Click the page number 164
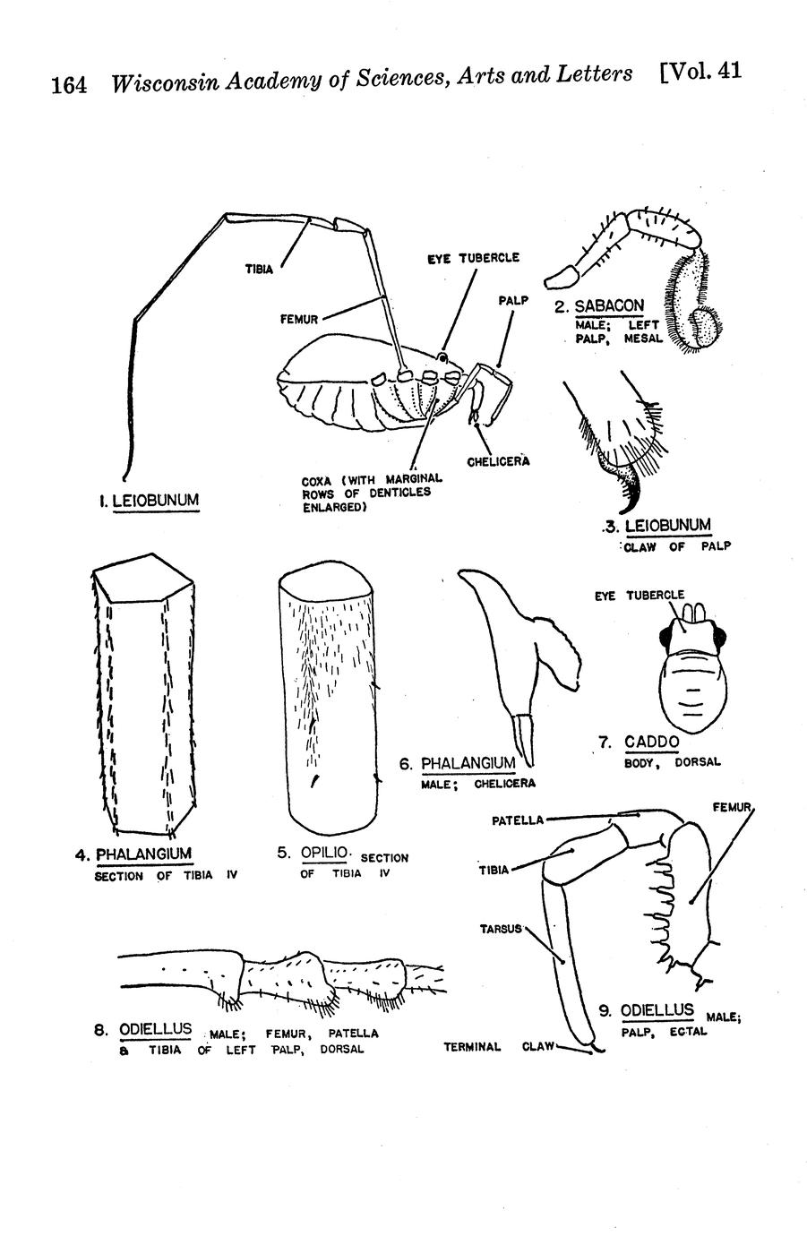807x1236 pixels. (69, 86)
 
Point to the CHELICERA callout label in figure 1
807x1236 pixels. (498, 461)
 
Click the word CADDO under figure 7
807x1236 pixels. (652, 742)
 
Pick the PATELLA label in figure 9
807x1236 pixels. (517, 820)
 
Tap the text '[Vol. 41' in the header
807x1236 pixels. (700, 72)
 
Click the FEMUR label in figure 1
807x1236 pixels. (300, 318)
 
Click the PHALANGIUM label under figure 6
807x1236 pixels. (468, 763)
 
